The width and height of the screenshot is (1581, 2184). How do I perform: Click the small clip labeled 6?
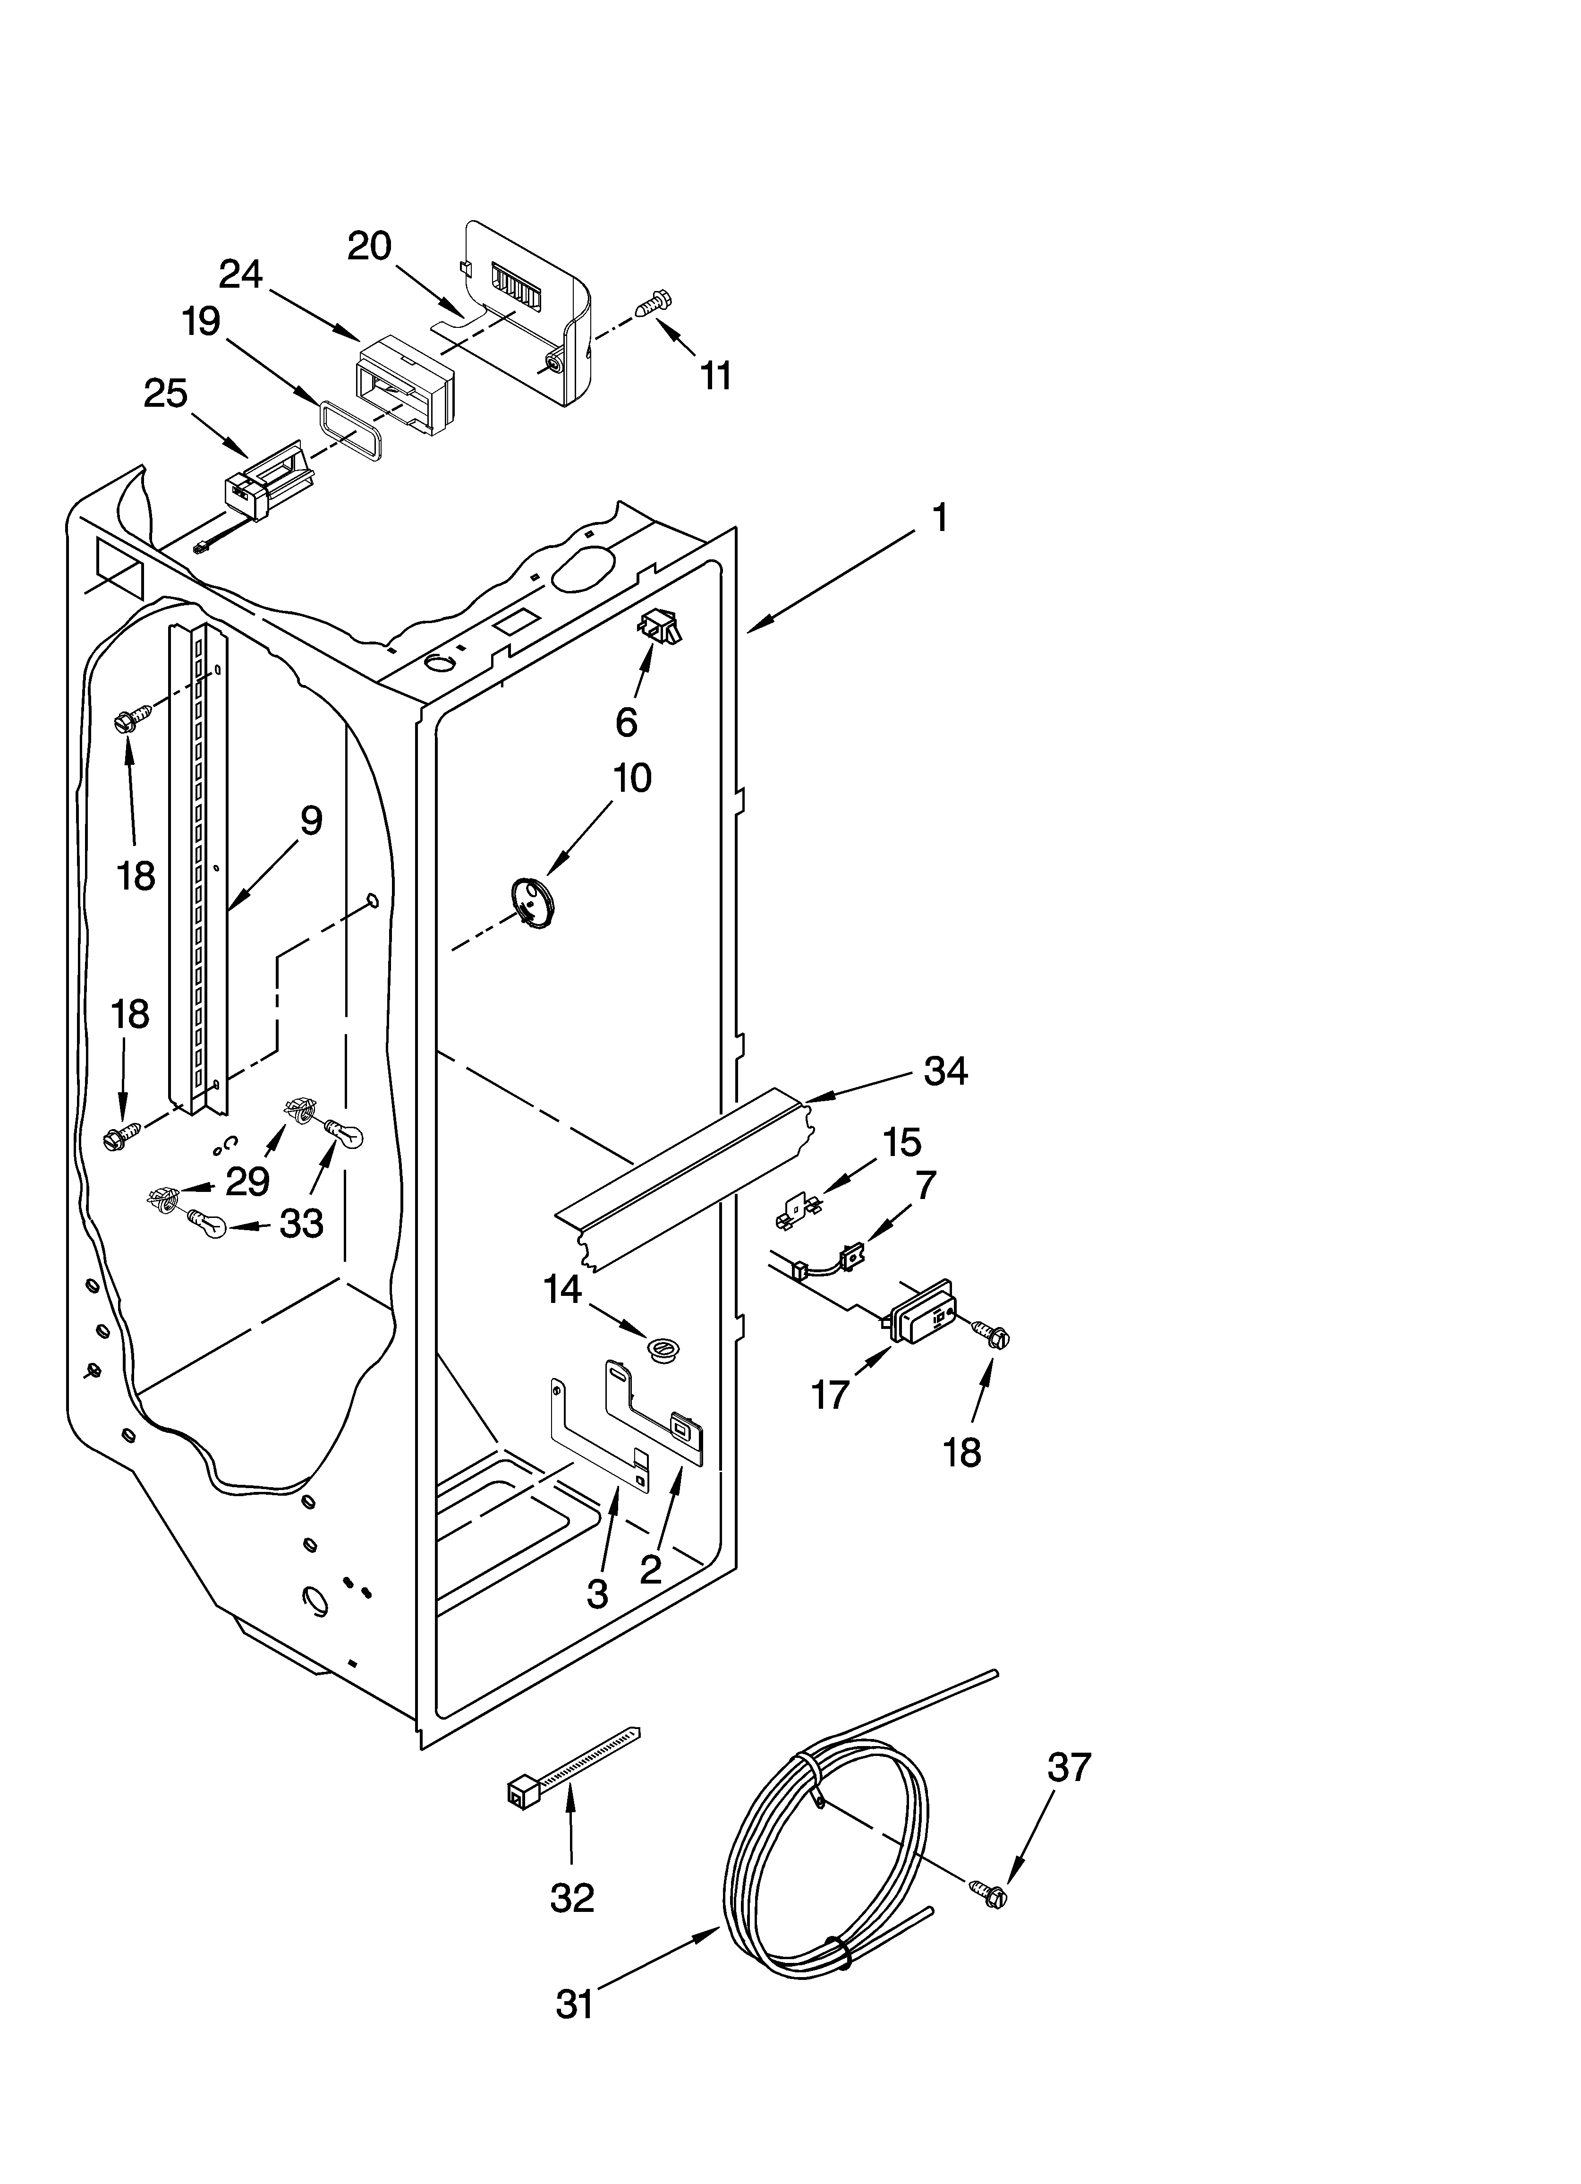pos(658,627)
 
